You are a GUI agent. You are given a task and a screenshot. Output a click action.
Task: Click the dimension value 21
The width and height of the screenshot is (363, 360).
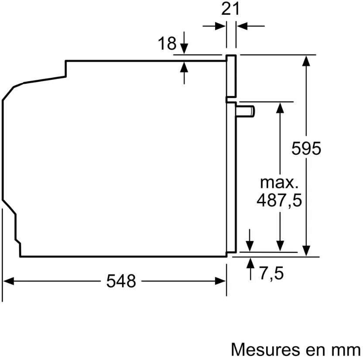(230, 9)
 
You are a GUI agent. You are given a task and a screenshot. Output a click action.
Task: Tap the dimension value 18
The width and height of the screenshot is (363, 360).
(167, 43)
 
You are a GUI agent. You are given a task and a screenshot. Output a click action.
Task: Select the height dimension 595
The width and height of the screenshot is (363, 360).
(306, 149)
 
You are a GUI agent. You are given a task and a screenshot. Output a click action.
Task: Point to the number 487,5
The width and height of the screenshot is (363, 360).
(279, 200)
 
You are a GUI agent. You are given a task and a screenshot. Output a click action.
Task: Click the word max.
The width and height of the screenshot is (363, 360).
(279, 183)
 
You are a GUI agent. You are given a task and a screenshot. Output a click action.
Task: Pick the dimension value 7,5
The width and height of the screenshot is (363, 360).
(272, 273)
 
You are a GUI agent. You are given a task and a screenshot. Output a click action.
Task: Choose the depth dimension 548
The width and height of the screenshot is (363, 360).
(121, 281)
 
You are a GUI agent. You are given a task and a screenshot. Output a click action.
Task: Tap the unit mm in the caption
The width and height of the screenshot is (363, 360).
(349, 351)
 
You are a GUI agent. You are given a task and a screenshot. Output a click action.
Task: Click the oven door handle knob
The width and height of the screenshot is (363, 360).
(245, 111)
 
